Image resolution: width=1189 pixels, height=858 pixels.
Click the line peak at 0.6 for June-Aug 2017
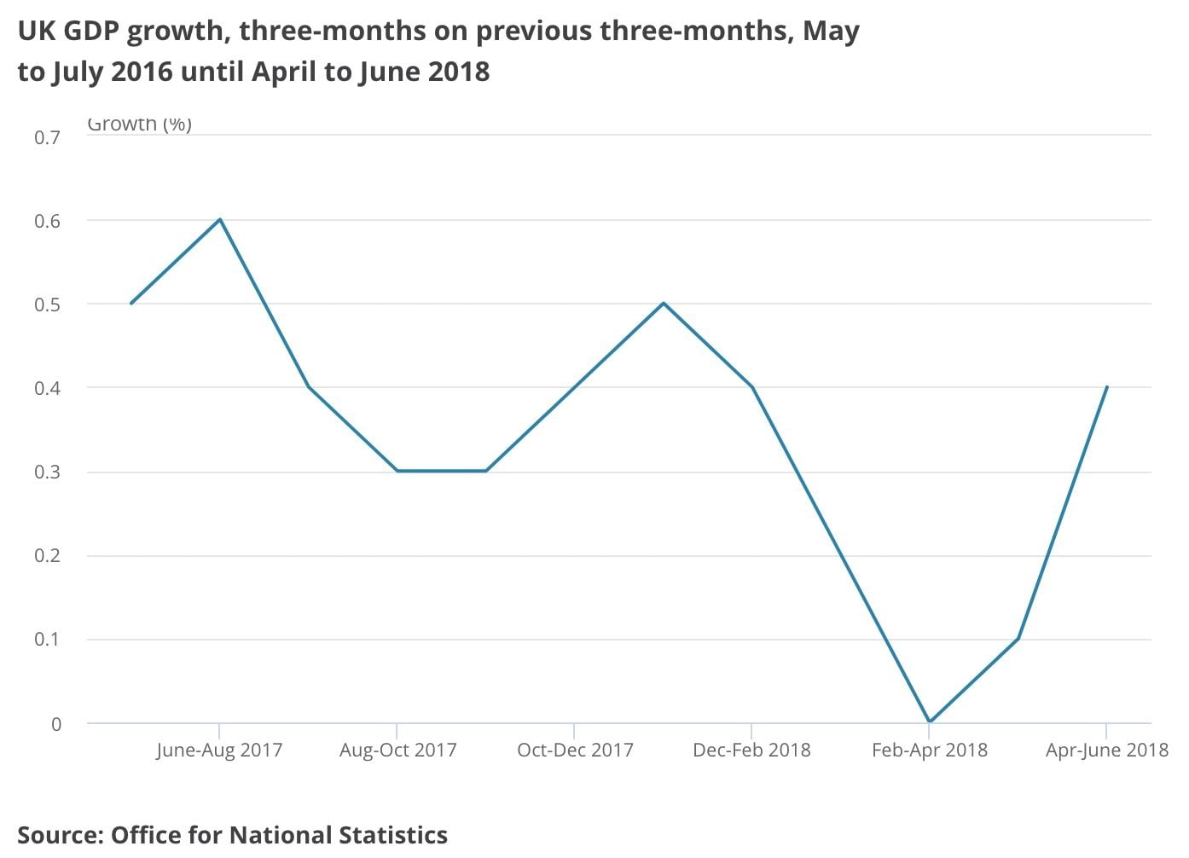pyautogui.click(x=220, y=219)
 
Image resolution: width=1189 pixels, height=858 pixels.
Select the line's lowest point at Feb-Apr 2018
pyautogui.click(x=929, y=722)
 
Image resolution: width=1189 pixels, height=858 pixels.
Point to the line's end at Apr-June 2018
pyautogui.click(x=1106, y=387)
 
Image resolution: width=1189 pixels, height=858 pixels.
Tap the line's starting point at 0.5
pyautogui.click(x=130, y=304)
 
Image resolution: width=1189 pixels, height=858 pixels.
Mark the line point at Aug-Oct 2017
pyautogui.click(x=397, y=471)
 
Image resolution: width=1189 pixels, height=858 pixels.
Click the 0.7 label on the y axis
pyautogui.click(x=48, y=137)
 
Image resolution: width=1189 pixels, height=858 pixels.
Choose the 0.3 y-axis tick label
pyautogui.click(x=48, y=472)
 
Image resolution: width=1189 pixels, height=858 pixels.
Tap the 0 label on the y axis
pyautogui.click(x=56, y=724)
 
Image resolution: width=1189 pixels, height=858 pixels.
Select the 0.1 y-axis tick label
pyautogui.click(x=48, y=640)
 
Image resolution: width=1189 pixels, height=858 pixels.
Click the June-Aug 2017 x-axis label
pyautogui.click(x=219, y=751)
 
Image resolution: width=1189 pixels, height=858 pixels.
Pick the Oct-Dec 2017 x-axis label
pyautogui.click(x=575, y=751)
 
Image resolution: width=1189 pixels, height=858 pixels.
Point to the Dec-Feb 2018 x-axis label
pyautogui.click(x=751, y=751)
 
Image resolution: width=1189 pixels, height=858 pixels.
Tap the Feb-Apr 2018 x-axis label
pyautogui.click(x=929, y=751)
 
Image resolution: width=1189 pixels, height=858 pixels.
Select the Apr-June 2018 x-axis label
pyautogui.click(x=1106, y=751)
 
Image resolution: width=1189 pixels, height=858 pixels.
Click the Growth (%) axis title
pyautogui.click(x=139, y=125)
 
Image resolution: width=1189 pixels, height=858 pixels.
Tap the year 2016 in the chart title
pyautogui.click(x=142, y=72)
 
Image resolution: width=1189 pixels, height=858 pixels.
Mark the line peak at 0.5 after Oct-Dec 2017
pyautogui.click(x=664, y=303)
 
